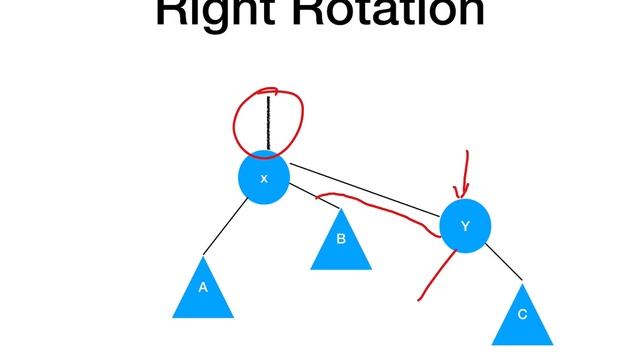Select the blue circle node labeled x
click(264, 178)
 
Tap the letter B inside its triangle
click(340, 239)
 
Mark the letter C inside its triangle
click(521, 315)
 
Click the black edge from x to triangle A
click(226, 225)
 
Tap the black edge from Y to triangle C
click(504, 264)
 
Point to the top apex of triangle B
click(340, 209)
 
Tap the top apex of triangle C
click(522, 285)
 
